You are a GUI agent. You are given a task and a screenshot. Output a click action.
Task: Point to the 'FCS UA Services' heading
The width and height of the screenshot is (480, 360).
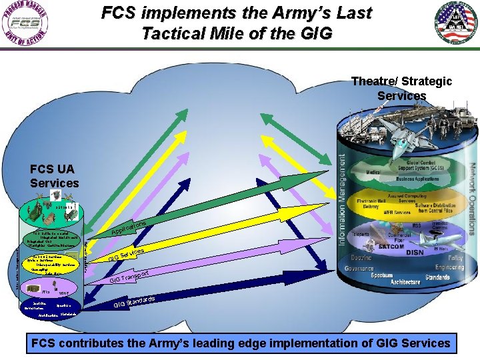[54, 175]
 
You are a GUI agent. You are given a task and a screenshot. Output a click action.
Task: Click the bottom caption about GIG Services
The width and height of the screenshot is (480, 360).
[240, 343]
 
